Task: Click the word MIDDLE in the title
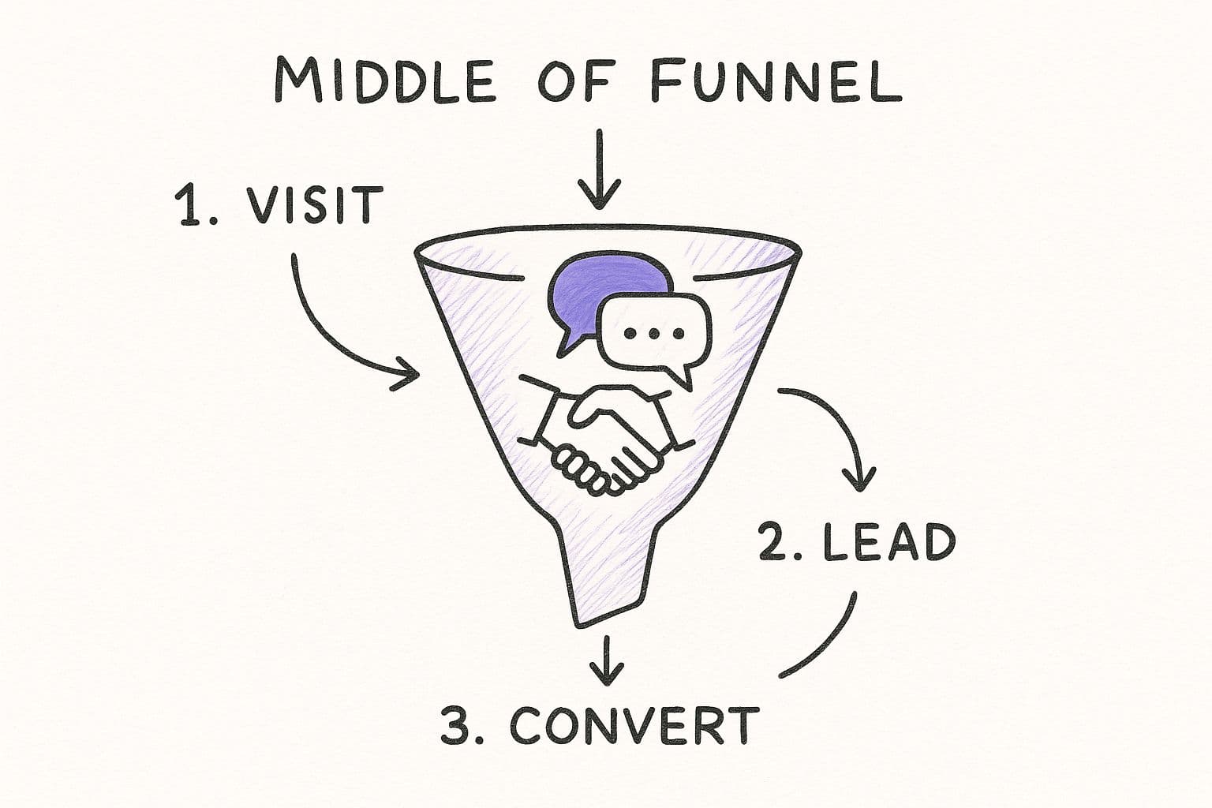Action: [385, 80]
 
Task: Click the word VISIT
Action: [314, 206]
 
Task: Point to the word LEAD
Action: [888, 543]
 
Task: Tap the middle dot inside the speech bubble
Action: [653, 333]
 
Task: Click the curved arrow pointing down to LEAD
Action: [840, 426]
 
